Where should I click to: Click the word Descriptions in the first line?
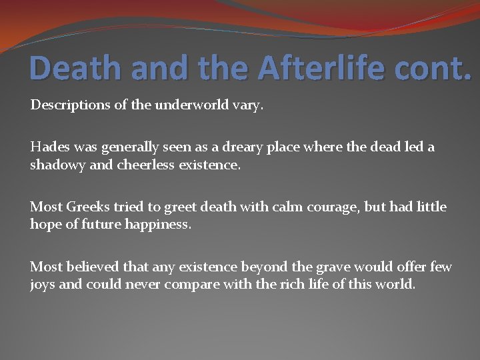[69, 105]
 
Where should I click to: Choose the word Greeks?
[88, 207]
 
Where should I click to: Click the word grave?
[337, 267]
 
